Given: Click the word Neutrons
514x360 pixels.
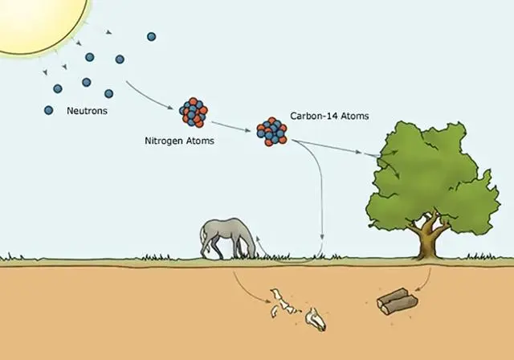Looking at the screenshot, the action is pyautogui.click(x=87, y=111).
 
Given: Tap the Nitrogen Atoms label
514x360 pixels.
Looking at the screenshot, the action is pyautogui.click(x=179, y=141).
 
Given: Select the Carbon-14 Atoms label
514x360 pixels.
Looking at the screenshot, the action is pyautogui.click(x=329, y=116).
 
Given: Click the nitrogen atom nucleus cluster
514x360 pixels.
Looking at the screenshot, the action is pyautogui.click(x=194, y=112).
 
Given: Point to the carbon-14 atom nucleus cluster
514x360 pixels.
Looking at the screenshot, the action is pyautogui.click(x=271, y=132).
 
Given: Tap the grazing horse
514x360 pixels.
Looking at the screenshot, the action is pyautogui.click(x=227, y=239).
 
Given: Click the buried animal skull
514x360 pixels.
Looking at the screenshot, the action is pyautogui.click(x=316, y=319).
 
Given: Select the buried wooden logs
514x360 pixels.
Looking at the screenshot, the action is pyautogui.click(x=397, y=301).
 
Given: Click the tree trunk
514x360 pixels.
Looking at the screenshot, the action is pyautogui.click(x=428, y=241).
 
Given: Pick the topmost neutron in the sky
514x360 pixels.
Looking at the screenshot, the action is pyautogui.click(x=151, y=37).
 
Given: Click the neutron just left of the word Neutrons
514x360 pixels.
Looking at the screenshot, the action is pyautogui.click(x=48, y=111).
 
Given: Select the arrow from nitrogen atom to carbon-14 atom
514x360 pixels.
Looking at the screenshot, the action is pyautogui.click(x=230, y=126).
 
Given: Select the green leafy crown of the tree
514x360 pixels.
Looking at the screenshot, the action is pyautogui.click(x=433, y=177).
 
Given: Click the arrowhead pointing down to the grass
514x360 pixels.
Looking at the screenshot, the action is pyautogui.click(x=322, y=237).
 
